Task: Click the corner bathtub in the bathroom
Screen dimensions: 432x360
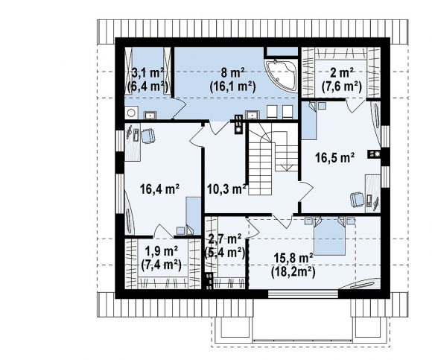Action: (x=281, y=75)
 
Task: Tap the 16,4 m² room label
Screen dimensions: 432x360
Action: (x=160, y=189)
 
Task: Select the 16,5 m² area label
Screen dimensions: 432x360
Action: (x=334, y=158)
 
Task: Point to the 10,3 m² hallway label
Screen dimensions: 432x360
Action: (x=226, y=189)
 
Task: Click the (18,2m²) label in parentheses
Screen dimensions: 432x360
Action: (x=293, y=272)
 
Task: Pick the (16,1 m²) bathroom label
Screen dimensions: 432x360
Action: (x=233, y=86)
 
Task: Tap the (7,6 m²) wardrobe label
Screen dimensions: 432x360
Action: (x=342, y=86)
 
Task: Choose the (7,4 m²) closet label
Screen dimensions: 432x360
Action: (x=161, y=265)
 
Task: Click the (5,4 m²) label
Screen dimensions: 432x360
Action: (x=224, y=252)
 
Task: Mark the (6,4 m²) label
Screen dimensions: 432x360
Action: (x=148, y=86)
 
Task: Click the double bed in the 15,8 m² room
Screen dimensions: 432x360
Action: (x=330, y=236)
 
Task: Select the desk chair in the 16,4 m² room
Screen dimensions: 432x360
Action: (x=148, y=136)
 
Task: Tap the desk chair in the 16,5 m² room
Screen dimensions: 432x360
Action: (x=357, y=199)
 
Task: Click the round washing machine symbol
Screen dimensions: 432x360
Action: (x=131, y=113)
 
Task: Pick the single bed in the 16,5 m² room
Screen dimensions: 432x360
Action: (x=309, y=121)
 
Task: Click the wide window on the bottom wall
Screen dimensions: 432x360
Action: (x=303, y=294)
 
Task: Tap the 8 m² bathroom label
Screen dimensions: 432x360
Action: (x=233, y=73)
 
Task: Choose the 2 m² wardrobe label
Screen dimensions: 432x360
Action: (x=342, y=73)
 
